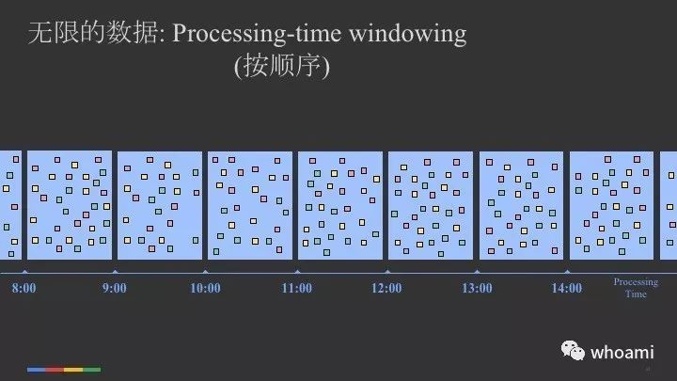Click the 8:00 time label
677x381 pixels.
coord(24,288)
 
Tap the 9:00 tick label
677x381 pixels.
coord(115,288)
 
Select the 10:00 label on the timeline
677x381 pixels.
coord(206,288)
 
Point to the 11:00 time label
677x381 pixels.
coord(296,288)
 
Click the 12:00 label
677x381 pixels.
coord(386,288)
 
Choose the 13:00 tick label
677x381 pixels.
coord(477,288)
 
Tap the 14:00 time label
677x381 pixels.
coord(567,288)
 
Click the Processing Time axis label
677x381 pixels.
coord(636,288)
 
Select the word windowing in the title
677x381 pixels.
coord(408,34)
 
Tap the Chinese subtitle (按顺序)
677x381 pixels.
coord(282,66)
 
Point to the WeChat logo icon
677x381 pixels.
coord(573,350)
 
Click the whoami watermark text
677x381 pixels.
coord(622,353)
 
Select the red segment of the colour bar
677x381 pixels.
coord(55,370)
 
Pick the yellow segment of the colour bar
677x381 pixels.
coord(73,370)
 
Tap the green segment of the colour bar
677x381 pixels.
coord(91,370)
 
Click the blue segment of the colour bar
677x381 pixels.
coord(37,370)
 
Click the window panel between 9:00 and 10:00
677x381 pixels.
coord(160,205)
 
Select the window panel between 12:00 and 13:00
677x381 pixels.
coord(431,205)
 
